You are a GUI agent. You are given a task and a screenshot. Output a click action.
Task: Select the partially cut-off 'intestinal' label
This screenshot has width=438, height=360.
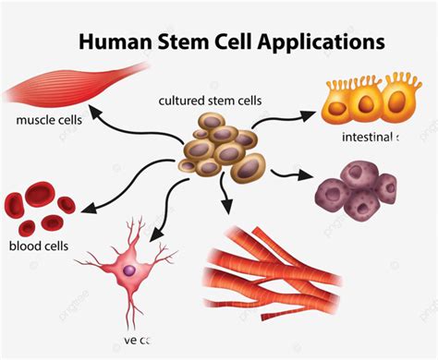coord(368,138)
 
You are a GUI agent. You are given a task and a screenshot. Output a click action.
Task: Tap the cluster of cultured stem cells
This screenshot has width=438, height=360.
coord(218,149)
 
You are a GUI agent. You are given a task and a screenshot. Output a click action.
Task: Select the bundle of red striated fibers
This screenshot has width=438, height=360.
coord(269,261)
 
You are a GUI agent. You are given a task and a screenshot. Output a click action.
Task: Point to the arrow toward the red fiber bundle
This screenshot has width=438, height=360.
coord(225,197)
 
